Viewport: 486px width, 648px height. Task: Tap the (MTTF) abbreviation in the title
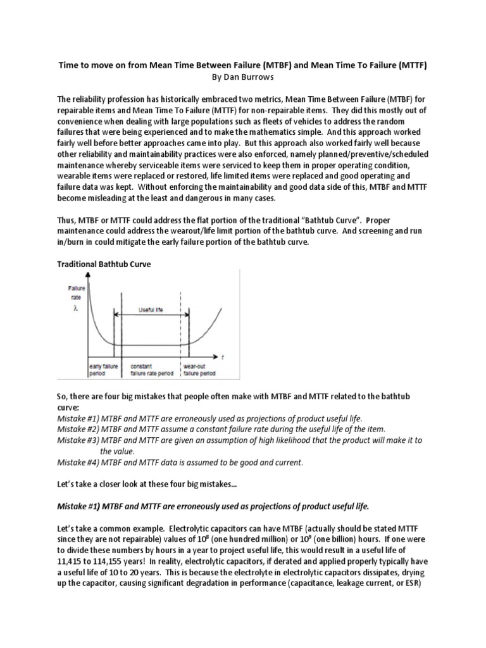411,65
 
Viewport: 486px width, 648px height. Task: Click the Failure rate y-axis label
77,292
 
